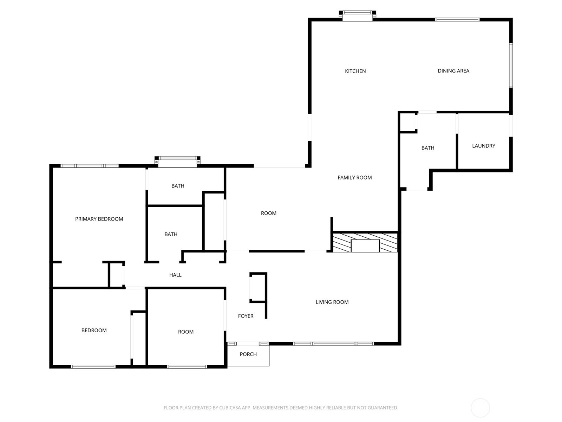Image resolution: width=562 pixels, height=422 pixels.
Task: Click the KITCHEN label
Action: coord(355,71)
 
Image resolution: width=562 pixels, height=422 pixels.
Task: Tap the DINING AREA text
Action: coord(453,71)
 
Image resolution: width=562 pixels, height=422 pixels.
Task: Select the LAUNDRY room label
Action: coord(483,146)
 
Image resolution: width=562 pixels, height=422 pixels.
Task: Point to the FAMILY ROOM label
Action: coord(354,178)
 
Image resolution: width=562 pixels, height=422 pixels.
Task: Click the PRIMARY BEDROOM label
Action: coord(99,219)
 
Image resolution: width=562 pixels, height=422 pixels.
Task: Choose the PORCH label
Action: coord(248,354)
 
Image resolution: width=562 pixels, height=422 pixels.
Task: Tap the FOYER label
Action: coord(246,316)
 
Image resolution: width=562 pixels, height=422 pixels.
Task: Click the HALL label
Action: coord(175,275)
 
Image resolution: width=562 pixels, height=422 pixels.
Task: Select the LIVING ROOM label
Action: coord(332,302)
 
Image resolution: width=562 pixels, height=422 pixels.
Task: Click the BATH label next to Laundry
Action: coord(427,148)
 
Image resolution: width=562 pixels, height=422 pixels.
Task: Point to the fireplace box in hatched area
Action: coord(365,245)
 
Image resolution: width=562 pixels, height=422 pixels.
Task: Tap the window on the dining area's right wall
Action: coord(511,65)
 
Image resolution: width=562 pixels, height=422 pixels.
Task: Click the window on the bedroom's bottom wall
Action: coord(93,367)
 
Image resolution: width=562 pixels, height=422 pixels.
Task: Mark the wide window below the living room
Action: coord(333,344)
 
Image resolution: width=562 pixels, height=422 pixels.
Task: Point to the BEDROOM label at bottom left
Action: coord(94,330)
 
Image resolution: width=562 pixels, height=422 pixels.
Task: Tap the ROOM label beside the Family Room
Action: coord(268,213)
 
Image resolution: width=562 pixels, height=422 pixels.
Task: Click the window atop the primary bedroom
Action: coord(90,166)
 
